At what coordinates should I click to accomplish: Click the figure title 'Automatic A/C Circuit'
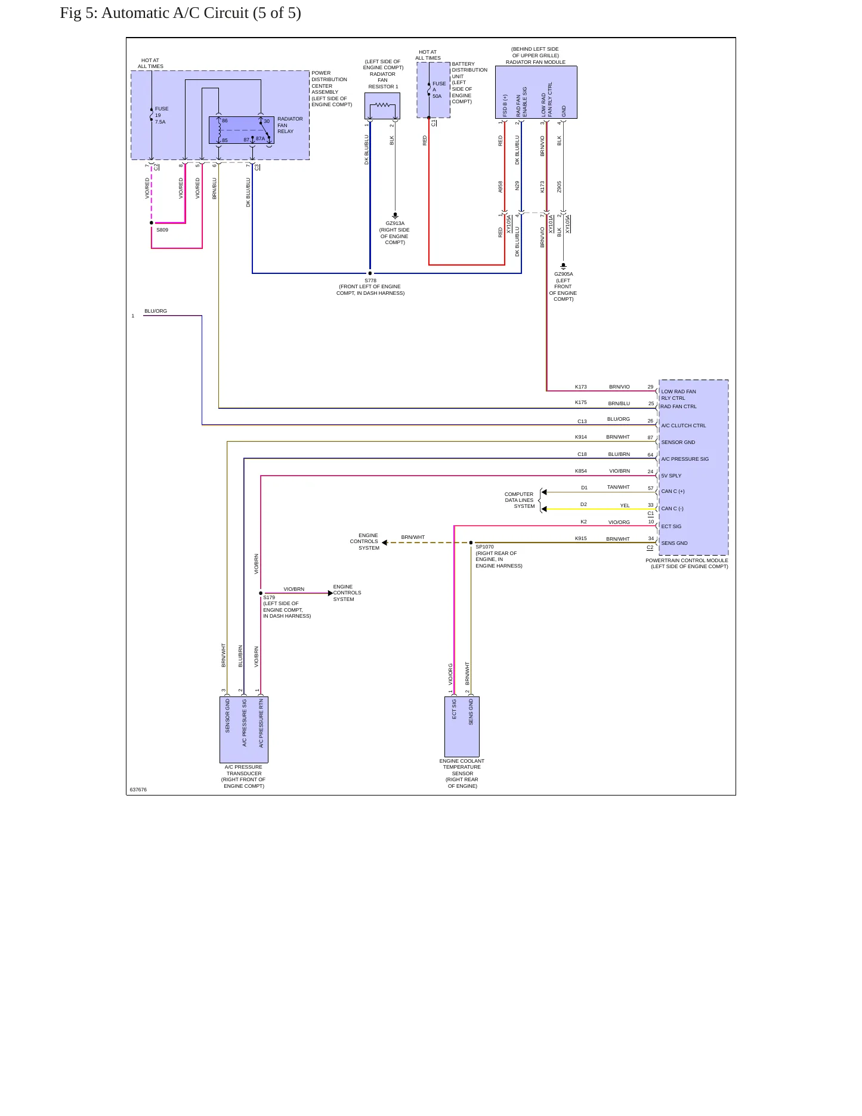[x=175, y=13]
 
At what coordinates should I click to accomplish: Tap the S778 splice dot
[x=370, y=273]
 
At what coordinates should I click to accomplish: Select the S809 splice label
[x=162, y=230]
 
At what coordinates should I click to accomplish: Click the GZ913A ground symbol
[x=395, y=215]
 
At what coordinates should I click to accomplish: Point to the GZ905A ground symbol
[x=563, y=266]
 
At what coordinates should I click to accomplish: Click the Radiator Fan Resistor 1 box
[x=382, y=106]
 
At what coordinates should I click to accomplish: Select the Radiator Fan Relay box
[x=242, y=130]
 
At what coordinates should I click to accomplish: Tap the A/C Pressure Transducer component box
[x=244, y=729]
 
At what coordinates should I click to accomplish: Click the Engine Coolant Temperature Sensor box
[x=462, y=726]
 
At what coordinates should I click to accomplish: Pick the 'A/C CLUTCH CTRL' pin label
[x=684, y=426]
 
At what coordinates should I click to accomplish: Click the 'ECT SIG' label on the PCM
[x=671, y=526]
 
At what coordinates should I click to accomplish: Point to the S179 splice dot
[x=261, y=593]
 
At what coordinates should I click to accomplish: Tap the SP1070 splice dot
[x=471, y=542]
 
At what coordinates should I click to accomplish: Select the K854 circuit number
[x=581, y=471]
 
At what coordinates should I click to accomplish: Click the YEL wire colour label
[x=625, y=505]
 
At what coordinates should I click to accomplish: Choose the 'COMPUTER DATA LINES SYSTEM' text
[x=520, y=500]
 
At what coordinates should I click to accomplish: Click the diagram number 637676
[x=138, y=790]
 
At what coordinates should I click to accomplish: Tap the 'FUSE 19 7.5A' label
[x=162, y=115]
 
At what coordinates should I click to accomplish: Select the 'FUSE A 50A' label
[x=439, y=90]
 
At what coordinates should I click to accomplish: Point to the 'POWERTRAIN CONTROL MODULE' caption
[x=687, y=560]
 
